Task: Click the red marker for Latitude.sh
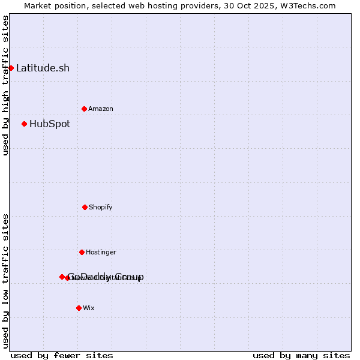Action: (x=11, y=68)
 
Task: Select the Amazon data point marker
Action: (x=84, y=109)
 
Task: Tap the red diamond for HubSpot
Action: (x=24, y=124)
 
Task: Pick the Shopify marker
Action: (x=85, y=207)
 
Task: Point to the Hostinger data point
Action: (x=82, y=252)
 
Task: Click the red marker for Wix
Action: (x=79, y=308)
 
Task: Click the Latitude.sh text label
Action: (x=43, y=68)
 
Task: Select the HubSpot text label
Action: (x=50, y=124)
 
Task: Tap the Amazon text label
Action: (x=101, y=109)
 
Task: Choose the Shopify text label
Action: (x=101, y=207)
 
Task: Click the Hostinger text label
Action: (x=101, y=252)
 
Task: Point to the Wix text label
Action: (x=89, y=308)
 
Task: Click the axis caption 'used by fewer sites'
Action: (x=62, y=355)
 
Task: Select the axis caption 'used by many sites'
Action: (x=301, y=355)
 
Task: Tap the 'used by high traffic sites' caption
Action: (x=5, y=85)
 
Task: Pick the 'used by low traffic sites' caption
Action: (x=5, y=281)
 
